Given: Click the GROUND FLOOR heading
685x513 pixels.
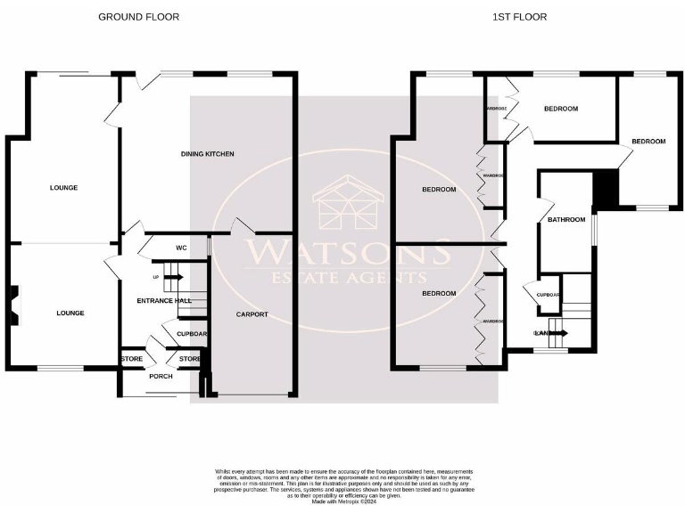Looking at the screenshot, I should (138, 17).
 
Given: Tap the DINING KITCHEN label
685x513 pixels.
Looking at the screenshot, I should (207, 154).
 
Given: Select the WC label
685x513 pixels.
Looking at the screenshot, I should (180, 248).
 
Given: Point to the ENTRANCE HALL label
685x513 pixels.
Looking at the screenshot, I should (164, 301).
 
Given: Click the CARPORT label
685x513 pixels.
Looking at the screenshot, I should (252, 314).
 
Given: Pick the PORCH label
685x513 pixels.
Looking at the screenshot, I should (161, 376).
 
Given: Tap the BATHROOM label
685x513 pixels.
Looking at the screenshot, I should (566, 220).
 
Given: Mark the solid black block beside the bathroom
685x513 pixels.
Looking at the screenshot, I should (606, 188).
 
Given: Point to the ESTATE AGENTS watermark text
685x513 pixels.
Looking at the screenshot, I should (348, 278).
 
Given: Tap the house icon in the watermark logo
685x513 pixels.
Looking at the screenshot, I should (348, 203).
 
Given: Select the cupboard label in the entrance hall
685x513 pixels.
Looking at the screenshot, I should (192, 334).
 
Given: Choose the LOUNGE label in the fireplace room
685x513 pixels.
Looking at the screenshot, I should (70, 313).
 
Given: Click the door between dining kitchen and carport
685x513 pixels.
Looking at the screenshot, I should (240, 226).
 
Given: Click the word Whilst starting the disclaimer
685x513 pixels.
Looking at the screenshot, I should (222, 470).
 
